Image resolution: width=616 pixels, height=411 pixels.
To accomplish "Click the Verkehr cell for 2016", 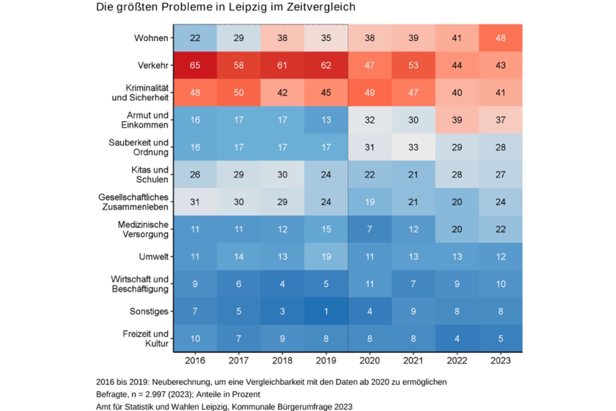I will coord(195,65).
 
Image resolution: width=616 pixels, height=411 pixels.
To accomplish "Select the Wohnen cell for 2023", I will coord(500,38).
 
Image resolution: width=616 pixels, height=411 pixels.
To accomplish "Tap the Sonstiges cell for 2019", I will coord(326,311).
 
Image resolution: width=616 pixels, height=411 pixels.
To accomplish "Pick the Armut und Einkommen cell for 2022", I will coord(457,120).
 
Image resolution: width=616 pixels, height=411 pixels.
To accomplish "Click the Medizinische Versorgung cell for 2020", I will coord(370,229).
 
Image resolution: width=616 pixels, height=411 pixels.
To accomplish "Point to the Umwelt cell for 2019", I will coord(326,257).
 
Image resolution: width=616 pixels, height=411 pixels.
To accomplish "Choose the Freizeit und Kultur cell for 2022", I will coord(457,338).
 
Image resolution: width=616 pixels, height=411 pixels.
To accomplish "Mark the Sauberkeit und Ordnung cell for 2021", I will coord(413,148).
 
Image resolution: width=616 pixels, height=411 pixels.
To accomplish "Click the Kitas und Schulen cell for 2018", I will coord(282,175).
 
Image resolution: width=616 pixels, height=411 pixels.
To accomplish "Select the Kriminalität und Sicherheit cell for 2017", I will coord(238,93).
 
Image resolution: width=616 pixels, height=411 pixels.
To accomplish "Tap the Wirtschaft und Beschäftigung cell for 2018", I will coord(282,284).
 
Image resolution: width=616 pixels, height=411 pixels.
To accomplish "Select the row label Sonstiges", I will coord(149,312).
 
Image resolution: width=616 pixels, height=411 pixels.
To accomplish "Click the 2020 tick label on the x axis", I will coord(370,362).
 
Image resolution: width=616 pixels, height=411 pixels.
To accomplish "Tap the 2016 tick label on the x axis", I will coord(195,362).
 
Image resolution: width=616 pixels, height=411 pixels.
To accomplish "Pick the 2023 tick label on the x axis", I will coord(500,362).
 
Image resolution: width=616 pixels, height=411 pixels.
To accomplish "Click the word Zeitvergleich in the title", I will coord(320,7).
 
